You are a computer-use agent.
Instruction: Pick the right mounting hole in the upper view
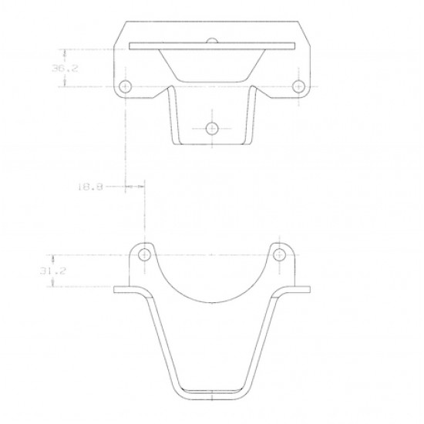[299, 86]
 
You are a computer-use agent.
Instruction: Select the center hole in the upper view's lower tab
[213, 128]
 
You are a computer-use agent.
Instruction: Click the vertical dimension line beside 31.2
[53, 271]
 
